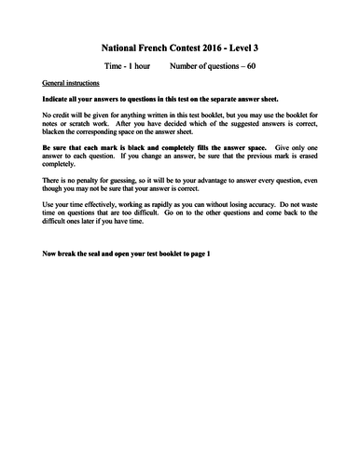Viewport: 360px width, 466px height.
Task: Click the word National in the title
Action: point(120,45)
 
